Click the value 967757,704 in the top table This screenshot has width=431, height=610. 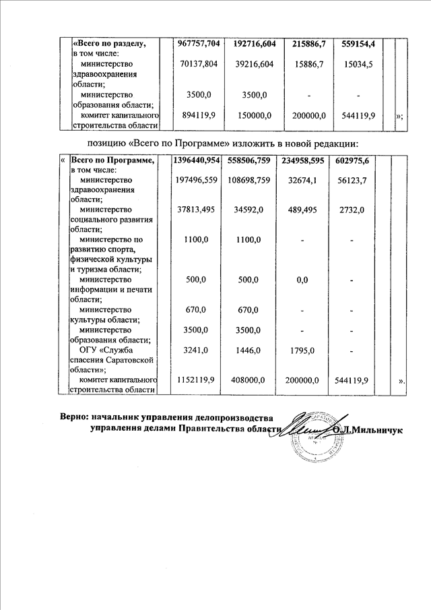point(198,44)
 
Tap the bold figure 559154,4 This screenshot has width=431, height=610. point(358,44)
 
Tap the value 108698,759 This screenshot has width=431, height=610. point(249,180)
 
